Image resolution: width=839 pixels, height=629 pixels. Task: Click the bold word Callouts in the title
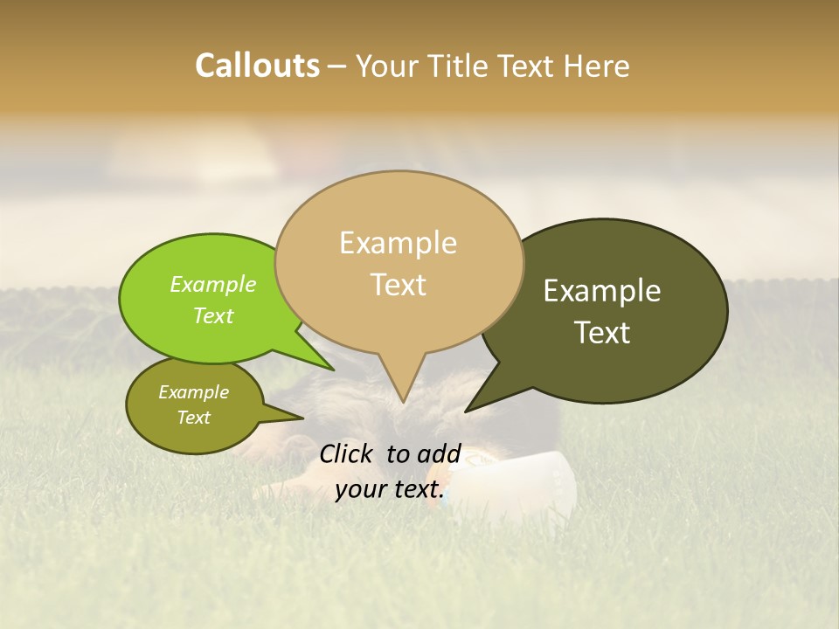pyautogui.click(x=257, y=66)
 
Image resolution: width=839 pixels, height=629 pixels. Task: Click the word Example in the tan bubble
pyautogui.click(x=398, y=243)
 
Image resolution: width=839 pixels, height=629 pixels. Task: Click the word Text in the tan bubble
pyautogui.click(x=398, y=285)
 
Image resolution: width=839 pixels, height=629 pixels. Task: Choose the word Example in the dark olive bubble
pyautogui.click(x=602, y=291)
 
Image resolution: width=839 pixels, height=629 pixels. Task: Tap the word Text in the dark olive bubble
pyautogui.click(x=602, y=333)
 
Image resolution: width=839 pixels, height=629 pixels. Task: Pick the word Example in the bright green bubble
pyautogui.click(x=212, y=284)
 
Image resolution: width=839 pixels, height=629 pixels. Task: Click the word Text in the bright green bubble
pyautogui.click(x=212, y=315)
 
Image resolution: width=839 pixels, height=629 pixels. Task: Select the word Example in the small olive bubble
pyautogui.click(x=193, y=392)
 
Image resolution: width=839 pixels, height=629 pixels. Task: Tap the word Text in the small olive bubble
pyautogui.click(x=193, y=418)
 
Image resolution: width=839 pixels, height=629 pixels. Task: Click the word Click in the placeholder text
pyautogui.click(x=347, y=453)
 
